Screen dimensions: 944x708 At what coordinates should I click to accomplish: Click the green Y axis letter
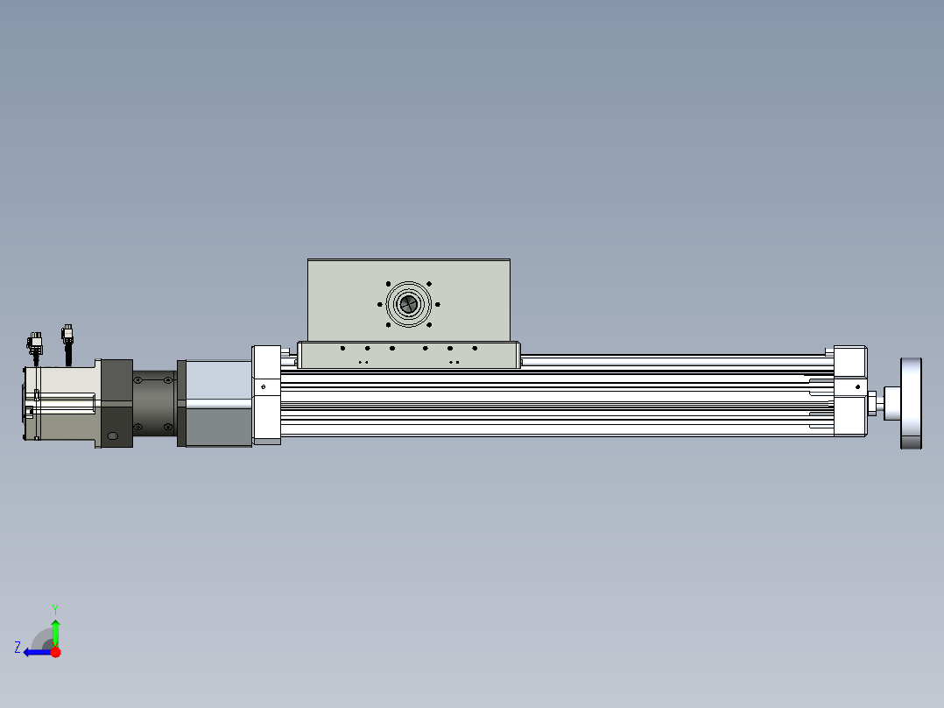point(55,609)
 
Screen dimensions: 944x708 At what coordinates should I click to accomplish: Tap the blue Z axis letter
point(18,648)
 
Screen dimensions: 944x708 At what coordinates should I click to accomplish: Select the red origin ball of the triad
point(55,652)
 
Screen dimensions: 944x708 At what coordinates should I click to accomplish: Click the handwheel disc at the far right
point(911,403)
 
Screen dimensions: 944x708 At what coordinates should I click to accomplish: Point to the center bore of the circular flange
point(409,304)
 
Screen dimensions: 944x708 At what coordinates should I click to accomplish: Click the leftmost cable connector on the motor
point(35,344)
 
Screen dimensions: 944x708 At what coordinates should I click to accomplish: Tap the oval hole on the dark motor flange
point(113,436)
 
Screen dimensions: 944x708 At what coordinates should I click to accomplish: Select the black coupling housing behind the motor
point(154,403)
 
